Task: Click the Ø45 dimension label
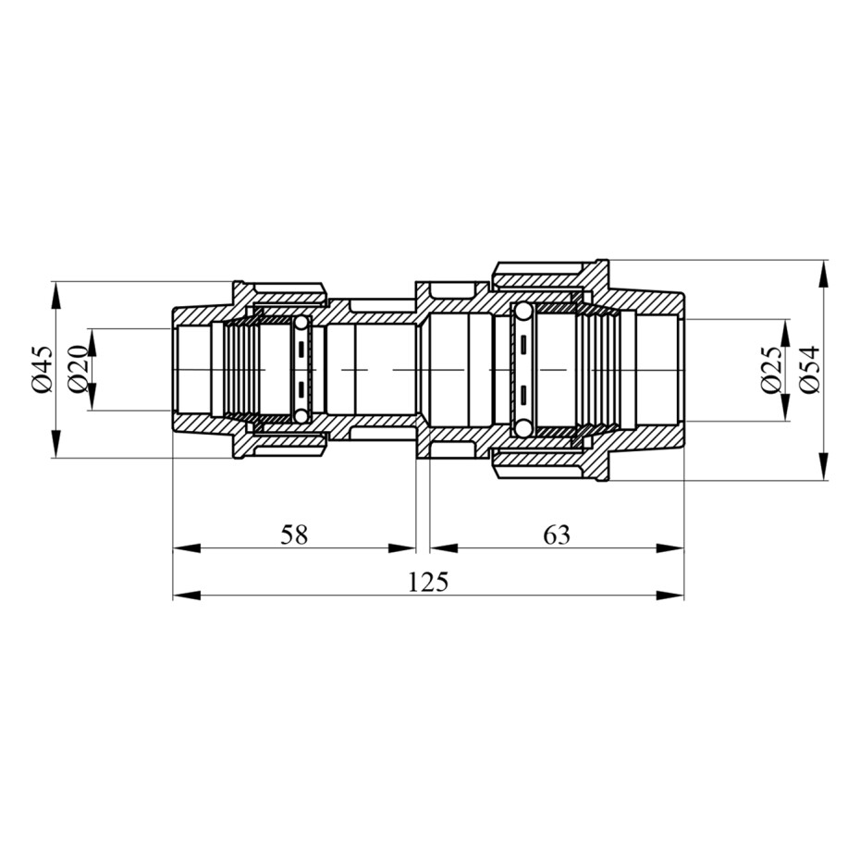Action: point(43,369)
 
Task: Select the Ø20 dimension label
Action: point(78,369)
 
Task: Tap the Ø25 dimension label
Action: point(771,370)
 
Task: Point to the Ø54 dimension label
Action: point(808,370)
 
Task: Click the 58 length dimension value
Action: point(294,534)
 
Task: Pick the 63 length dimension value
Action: point(557,534)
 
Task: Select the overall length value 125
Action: point(428,582)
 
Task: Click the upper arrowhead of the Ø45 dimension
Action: point(55,295)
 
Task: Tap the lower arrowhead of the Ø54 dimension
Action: point(823,467)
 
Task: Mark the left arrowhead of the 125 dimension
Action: point(187,596)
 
